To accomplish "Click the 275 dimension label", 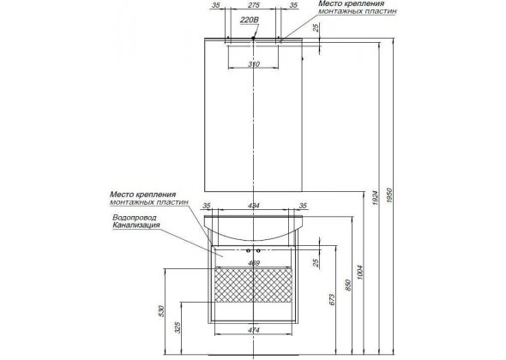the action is (x=254, y=5).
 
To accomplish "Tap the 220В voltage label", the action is (x=249, y=20).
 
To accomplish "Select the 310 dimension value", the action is (x=254, y=64).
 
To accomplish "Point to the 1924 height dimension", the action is (x=375, y=198).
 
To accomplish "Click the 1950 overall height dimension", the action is (x=389, y=195).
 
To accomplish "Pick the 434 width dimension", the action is (x=254, y=206).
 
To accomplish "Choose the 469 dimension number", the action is (x=254, y=263).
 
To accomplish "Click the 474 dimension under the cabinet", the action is (x=254, y=330).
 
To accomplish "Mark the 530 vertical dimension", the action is (x=162, y=311).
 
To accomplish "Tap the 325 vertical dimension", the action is (x=178, y=327).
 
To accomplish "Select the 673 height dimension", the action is (x=333, y=299).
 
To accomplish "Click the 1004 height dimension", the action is (x=360, y=272).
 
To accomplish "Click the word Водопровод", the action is (x=135, y=218).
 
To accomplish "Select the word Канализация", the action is (x=136, y=225).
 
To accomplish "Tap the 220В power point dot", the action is (x=253, y=38).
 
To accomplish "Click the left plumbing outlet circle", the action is (x=248, y=250).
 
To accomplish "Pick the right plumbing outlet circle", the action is (x=258, y=250).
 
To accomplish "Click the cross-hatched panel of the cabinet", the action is (x=254, y=285).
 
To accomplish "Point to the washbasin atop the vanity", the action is (x=254, y=228).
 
